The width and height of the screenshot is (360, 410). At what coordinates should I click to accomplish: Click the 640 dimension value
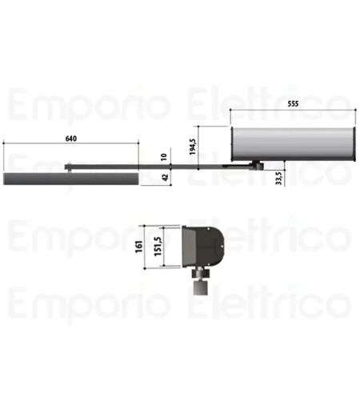[71, 139]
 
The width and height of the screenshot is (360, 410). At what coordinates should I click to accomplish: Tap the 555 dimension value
[293, 103]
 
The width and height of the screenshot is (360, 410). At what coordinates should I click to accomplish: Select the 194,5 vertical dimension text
[193, 147]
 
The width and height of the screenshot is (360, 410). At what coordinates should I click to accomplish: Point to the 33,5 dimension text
[278, 178]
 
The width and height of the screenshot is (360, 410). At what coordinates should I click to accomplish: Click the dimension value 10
[164, 157]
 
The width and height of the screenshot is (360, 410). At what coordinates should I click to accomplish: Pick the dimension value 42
[166, 177]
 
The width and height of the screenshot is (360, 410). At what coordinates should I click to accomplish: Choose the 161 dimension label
[139, 247]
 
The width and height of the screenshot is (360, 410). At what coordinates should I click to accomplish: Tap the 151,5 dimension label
[158, 247]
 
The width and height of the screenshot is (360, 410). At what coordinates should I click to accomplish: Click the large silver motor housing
[293, 144]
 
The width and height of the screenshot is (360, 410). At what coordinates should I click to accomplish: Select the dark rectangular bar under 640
[71, 179]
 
